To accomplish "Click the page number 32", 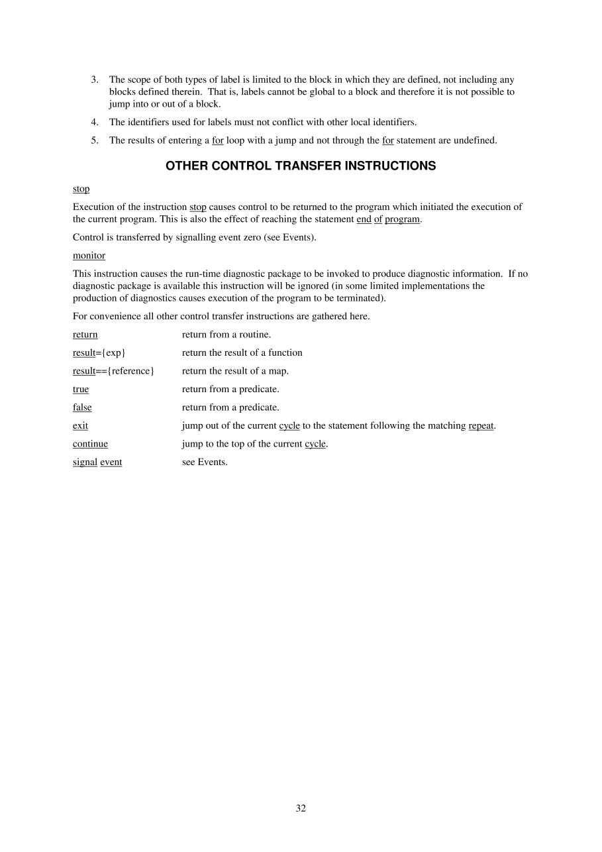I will coord(301,808).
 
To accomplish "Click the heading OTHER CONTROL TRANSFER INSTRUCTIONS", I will coord(301,166).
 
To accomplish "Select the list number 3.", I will coord(95,80).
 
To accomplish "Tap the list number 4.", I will coord(95,122).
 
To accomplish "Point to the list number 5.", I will coord(95,140).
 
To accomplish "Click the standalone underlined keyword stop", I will coord(81,189).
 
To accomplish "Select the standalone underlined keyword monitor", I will coord(89,255).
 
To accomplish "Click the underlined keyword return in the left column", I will coord(85,335).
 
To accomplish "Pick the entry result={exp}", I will coord(99,352).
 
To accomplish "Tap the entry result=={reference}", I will coord(113,371).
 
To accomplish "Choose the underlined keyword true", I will coord(81,389).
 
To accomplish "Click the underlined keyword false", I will coord(82,407).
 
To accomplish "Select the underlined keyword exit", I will coord(80,425).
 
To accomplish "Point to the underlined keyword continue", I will coord(90,444).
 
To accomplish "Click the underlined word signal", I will coord(85,462).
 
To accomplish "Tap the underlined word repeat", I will coord(481,425).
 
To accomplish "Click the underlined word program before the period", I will coord(402,219).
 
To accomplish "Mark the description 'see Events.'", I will coord(205,462).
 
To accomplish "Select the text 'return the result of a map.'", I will coord(235,371).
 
